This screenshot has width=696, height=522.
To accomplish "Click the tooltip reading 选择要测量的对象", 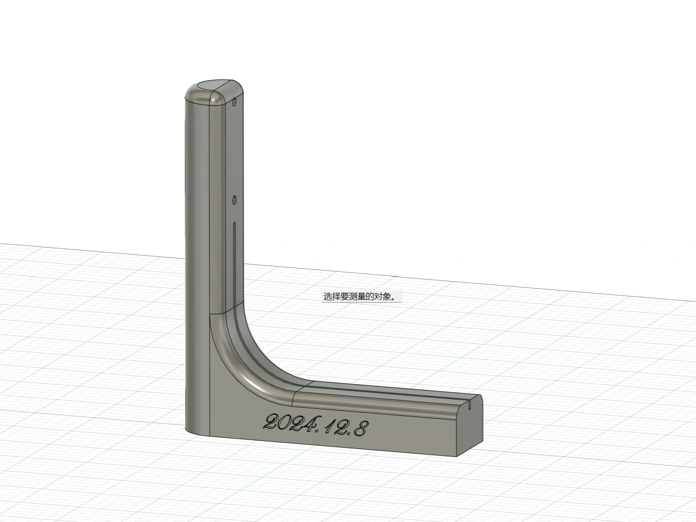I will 360,297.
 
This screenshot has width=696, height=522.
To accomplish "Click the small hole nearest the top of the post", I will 235,101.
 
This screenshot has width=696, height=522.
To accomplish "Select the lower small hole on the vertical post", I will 234,200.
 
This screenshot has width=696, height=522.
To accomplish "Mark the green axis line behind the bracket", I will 514,327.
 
